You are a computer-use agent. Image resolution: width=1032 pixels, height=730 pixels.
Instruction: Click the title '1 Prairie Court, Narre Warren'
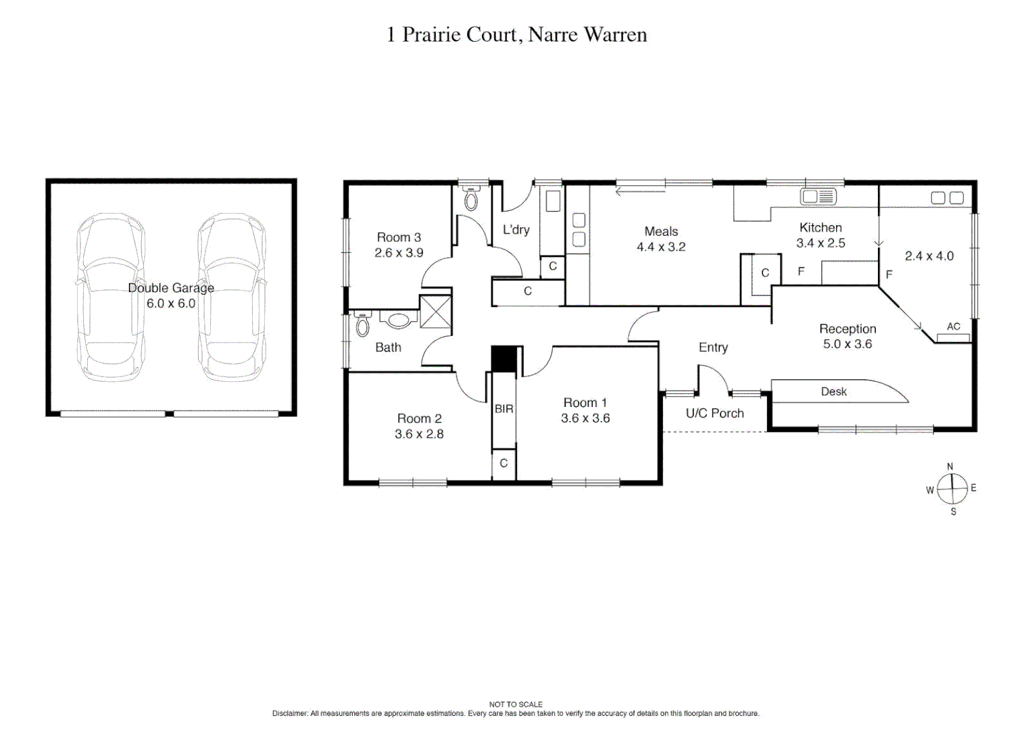coord(516,34)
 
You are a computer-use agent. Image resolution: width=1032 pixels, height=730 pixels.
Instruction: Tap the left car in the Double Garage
coord(110,297)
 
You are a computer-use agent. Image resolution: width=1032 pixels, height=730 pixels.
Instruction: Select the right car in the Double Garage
coord(232,297)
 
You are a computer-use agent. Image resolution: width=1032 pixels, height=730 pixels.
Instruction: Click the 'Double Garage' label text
coord(171,288)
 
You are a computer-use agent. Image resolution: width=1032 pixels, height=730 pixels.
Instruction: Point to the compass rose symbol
coord(952,488)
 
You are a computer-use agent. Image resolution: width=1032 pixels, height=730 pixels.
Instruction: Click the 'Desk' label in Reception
coord(833,391)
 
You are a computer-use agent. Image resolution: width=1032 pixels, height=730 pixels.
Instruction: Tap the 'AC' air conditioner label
coord(953,326)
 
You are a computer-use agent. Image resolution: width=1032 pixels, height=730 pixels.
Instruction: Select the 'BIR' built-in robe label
coord(504,409)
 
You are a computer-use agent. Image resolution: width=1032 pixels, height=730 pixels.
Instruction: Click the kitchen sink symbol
coord(818,197)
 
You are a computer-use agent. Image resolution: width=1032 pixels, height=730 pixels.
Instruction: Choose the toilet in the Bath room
coord(363,325)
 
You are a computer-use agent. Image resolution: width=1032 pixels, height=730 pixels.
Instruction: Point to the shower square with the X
coord(435,312)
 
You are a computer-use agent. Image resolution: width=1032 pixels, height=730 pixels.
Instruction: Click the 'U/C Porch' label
coord(714,413)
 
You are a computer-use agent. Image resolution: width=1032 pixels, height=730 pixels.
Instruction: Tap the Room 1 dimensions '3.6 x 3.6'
coord(585,418)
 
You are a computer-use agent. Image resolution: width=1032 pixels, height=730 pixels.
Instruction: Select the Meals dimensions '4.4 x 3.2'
coord(661,247)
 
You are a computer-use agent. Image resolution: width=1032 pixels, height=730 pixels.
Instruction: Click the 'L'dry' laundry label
coord(516,230)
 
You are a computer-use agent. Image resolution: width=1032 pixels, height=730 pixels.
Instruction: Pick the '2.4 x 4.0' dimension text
coord(929,255)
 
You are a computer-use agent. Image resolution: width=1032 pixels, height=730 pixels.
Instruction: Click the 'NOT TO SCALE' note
coord(516,704)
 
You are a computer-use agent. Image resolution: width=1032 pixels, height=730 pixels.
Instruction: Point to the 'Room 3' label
coord(399,237)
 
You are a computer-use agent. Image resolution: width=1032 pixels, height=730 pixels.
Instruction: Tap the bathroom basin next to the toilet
coord(398,320)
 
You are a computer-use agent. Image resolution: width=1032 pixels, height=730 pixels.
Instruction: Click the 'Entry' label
coord(713,347)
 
